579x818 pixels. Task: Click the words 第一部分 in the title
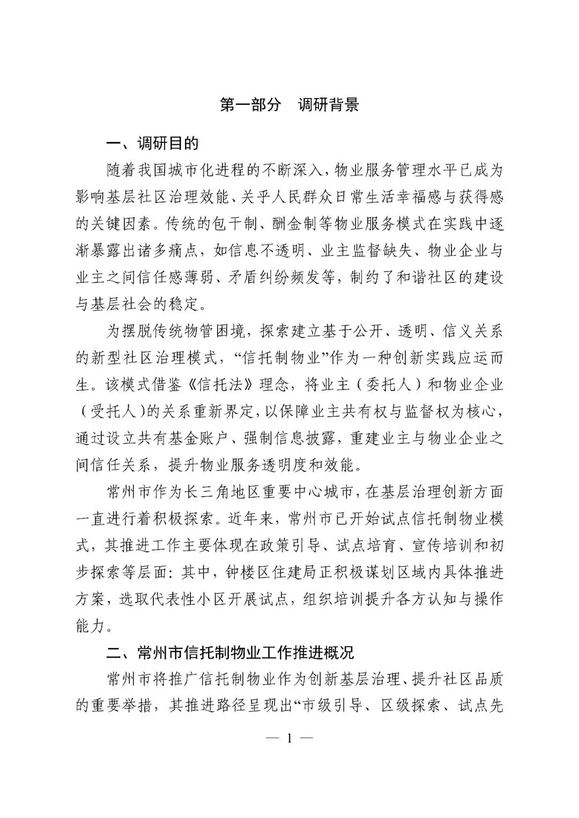pos(250,105)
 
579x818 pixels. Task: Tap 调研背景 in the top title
pos(328,105)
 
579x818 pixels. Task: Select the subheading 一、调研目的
pos(153,144)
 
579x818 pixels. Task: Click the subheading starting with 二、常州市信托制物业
pos(231,653)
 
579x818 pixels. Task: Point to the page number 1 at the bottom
pos(289,738)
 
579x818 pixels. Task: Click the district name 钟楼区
pos(262,573)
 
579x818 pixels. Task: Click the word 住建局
pos(308,573)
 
